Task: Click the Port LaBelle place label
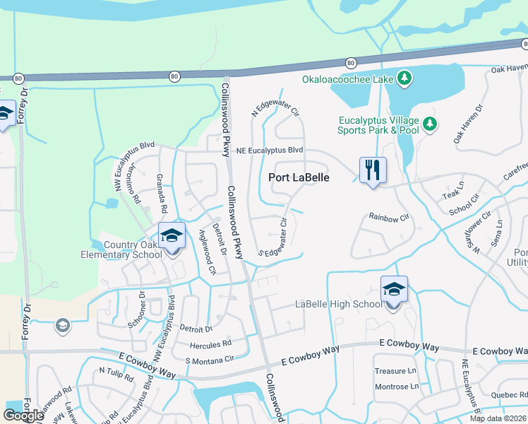(299, 178)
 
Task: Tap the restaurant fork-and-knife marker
(373, 170)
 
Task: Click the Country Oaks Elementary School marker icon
(171, 236)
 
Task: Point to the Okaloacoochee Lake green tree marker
(404, 78)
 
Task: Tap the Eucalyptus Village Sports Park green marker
(430, 125)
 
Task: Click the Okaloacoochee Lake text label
(347, 79)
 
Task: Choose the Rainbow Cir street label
(389, 217)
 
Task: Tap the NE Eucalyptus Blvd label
(270, 151)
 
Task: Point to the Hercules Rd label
(210, 345)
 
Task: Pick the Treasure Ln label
(395, 371)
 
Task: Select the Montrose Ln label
(396, 387)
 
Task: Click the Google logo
(23, 415)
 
